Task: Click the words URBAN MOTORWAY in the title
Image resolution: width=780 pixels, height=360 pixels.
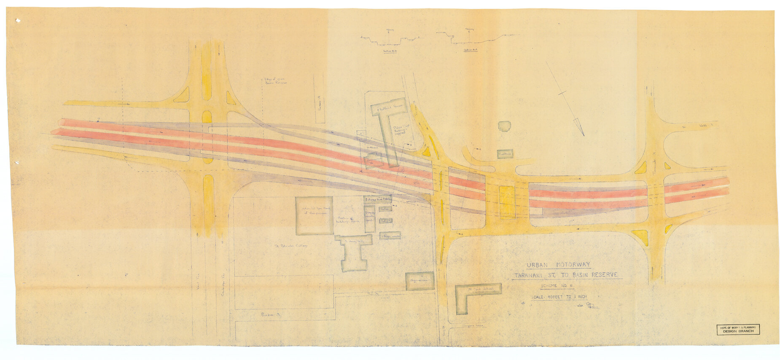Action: [x=558, y=265]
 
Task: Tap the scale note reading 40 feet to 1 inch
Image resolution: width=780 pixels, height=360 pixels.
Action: [x=559, y=297]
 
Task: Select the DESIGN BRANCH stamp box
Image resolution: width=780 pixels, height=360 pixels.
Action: [x=738, y=329]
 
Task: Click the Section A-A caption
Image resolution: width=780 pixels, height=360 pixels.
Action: [x=470, y=50]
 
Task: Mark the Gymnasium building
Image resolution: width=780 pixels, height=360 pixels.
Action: [x=420, y=281]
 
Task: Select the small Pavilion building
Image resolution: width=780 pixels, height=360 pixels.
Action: [x=505, y=154]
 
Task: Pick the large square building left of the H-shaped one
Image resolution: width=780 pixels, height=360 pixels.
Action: [x=313, y=215]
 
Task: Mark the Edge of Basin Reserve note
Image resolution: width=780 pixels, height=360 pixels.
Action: [x=275, y=81]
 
